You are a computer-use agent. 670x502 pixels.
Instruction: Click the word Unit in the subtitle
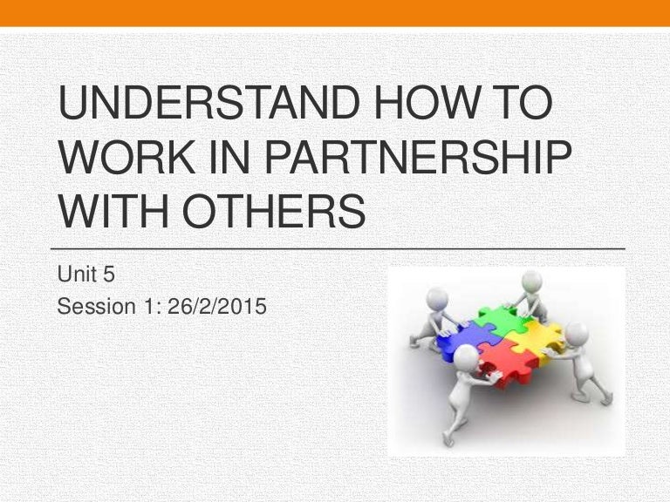click(75, 276)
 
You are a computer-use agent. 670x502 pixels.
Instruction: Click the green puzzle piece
click(501, 323)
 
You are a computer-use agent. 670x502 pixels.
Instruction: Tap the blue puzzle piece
click(462, 340)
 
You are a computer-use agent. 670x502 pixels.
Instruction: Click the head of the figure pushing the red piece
click(466, 356)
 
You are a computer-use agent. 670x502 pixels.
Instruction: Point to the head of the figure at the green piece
click(531, 282)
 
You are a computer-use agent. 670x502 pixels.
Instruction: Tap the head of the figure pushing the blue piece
click(438, 299)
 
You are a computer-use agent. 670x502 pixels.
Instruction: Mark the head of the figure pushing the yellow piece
click(577, 333)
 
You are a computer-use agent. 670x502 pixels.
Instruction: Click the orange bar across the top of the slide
click(335, 12)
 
